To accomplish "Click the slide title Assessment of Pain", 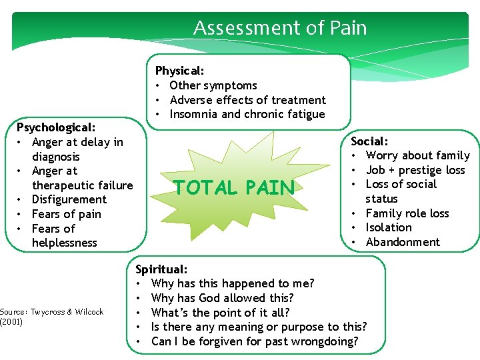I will click(x=279, y=28).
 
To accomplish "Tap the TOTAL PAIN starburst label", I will click(x=233, y=188).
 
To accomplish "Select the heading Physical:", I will click(x=179, y=71).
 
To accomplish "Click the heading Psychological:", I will click(x=56, y=127).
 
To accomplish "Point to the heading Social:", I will click(x=369, y=141).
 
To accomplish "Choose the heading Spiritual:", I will click(x=161, y=269).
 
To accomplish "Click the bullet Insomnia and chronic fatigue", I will click(x=247, y=114).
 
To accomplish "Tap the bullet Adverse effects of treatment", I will click(x=248, y=100).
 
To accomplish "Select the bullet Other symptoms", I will click(x=213, y=85).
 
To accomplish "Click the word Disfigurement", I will click(x=69, y=199).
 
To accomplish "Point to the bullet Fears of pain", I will click(x=67, y=214).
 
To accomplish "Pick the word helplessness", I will click(x=64, y=243).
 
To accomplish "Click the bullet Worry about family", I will click(x=417, y=155).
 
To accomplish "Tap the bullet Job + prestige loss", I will click(x=415, y=170).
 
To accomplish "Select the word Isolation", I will click(x=389, y=227).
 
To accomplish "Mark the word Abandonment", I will click(x=403, y=242).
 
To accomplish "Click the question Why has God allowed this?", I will click(x=222, y=298).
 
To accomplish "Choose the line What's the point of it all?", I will click(x=220, y=313).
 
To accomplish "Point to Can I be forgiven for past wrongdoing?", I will click(x=255, y=341).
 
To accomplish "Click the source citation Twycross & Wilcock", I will click(x=52, y=312).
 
